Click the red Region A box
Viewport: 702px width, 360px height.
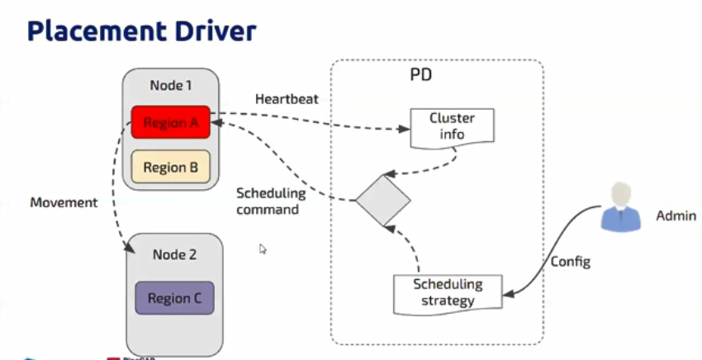pyautogui.click(x=171, y=123)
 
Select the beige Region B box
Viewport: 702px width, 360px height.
pyautogui.click(x=171, y=167)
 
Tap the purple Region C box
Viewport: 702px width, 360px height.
pyautogui.click(x=174, y=298)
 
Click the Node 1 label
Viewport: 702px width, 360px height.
pyautogui.click(x=170, y=86)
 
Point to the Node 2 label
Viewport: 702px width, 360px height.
pyautogui.click(x=174, y=254)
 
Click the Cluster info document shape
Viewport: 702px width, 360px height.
pyautogui.click(x=452, y=126)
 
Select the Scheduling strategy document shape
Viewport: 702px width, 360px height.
pyautogui.click(x=447, y=292)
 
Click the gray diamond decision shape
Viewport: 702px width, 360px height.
pyautogui.click(x=382, y=199)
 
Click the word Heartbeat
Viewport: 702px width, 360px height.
pyautogui.click(x=287, y=98)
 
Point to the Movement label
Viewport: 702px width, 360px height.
pyautogui.click(x=64, y=202)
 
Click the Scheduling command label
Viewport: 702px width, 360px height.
pyautogui.click(x=271, y=201)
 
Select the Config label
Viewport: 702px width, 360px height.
pyautogui.click(x=571, y=262)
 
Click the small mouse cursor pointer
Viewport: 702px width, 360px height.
pyautogui.click(x=263, y=248)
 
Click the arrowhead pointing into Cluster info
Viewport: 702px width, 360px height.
pyautogui.click(x=406, y=129)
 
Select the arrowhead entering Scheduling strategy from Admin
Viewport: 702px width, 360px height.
pyautogui.click(x=506, y=291)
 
